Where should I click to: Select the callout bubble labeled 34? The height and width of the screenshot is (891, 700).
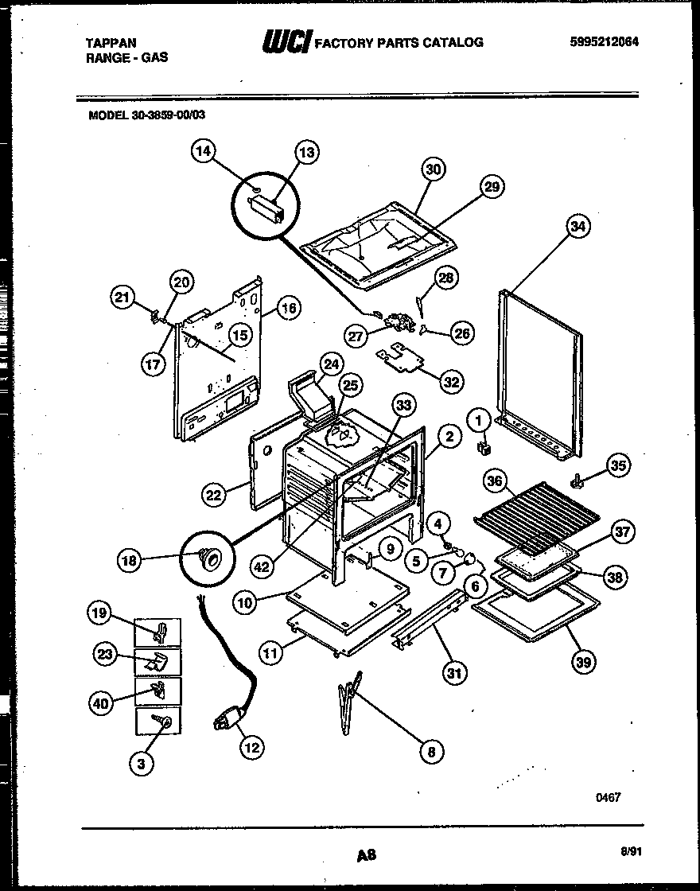click(x=578, y=228)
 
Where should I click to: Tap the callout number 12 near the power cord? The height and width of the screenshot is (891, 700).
click(x=251, y=747)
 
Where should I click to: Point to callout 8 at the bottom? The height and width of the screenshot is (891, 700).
click(x=430, y=751)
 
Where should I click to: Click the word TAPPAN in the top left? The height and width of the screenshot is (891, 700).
click(x=110, y=42)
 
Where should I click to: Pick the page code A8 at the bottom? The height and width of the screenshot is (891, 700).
click(x=367, y=856)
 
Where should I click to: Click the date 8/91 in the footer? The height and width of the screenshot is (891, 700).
click(x=631, y=850)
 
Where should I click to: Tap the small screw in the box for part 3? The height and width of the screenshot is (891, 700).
click(x=166, y=721)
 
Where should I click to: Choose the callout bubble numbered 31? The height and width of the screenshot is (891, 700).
click(x=453, y=674)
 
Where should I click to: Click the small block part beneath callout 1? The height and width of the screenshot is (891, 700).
click(x=481, y=449)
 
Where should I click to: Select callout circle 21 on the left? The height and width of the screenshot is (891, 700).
click(x=122, y=298)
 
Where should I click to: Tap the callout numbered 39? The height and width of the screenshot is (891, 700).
click(x=584, y=661)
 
